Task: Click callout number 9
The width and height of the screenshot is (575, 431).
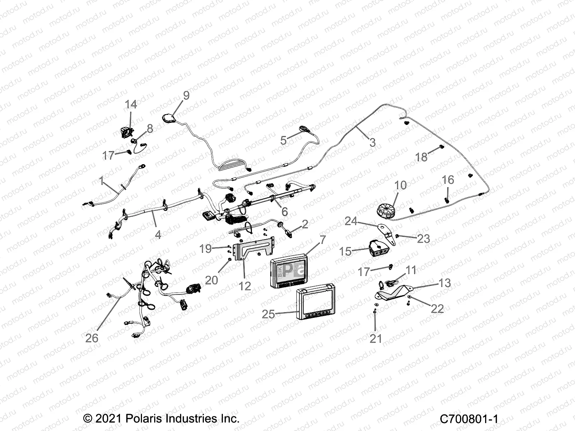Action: [x=186, y=96]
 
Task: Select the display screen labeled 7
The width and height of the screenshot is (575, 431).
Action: [x=289, y=270]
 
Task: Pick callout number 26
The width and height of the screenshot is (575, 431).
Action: [x=92, y=338]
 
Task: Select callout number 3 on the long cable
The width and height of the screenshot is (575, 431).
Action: [x=372, y=143]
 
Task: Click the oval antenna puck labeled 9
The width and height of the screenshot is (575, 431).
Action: [x=169, y=118]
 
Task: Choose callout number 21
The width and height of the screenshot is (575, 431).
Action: [x=376, y=338]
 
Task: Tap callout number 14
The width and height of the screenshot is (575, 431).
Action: [x=131, y=105]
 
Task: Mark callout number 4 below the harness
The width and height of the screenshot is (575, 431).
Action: [x=158, y=235]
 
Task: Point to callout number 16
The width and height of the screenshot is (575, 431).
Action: [x=448, y=180]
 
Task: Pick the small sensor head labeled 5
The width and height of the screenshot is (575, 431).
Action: [x=305, y=129]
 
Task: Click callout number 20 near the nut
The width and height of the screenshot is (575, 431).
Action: [x=211, y=280]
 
